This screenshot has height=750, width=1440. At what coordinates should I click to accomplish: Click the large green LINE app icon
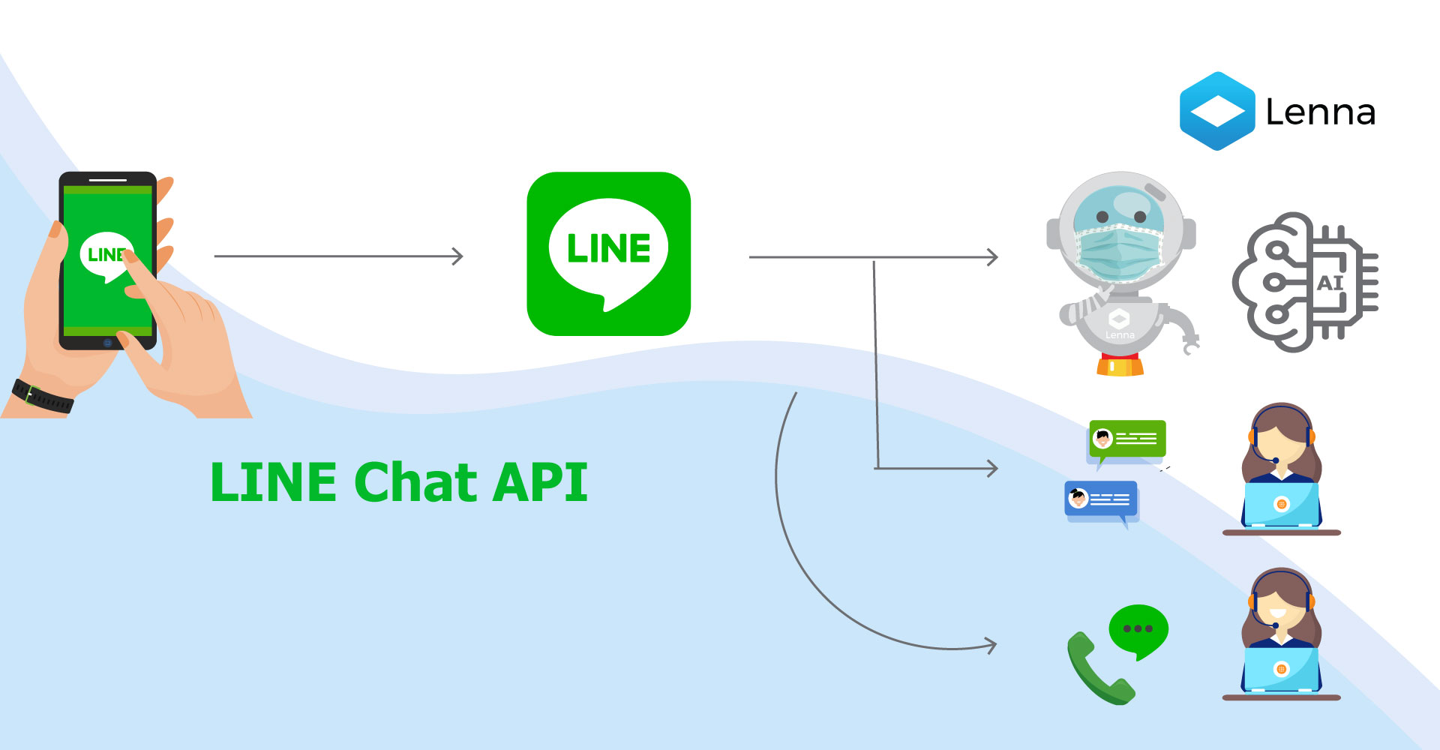pos(608,253)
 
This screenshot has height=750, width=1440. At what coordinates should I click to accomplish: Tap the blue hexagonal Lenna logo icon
pos(1216,111)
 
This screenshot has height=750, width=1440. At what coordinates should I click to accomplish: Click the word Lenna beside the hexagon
pos(1320,112)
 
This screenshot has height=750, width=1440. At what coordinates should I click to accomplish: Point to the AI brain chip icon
pos(1305,282)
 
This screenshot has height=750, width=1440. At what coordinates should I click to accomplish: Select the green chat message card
pos(1127,439)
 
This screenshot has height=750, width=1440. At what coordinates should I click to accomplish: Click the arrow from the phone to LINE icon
pos(337,256)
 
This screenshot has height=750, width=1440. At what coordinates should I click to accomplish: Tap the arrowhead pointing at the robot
pos(992,257)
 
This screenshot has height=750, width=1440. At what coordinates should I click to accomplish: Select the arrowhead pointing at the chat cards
pos(992,469)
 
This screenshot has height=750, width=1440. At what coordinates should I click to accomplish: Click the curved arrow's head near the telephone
pos(991,645)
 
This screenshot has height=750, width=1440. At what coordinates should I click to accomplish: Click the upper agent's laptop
pos(1281,504)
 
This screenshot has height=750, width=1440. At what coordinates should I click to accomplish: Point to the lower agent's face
pos(1279,606)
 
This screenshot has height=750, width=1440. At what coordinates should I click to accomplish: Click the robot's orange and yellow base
pos(1119,367)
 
